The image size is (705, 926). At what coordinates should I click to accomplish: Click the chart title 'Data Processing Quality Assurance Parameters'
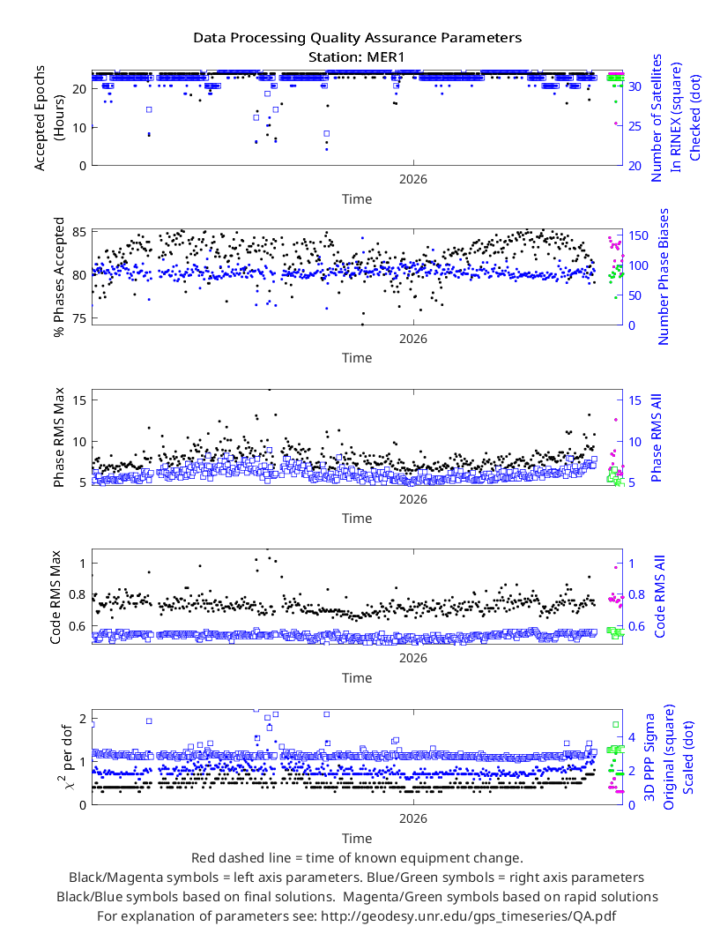tap(357, 39)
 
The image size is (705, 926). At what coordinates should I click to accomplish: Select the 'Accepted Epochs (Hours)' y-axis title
tap(49, 118)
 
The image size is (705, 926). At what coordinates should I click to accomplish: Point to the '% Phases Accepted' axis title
tap(58, 277)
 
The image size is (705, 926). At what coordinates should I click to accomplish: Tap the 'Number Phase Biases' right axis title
tap(663, 276)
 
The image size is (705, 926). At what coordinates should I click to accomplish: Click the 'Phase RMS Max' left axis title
tap(58, 437)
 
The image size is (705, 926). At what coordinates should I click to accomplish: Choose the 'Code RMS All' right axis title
tap(659, 596)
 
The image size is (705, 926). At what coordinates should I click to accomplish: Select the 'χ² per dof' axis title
tap(65, 758)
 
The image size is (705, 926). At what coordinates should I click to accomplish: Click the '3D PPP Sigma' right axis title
tap(649, 758)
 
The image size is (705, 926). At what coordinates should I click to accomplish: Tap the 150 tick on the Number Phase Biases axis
tap(638, 235)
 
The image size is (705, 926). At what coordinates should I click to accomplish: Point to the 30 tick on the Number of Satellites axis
tap(634, 86)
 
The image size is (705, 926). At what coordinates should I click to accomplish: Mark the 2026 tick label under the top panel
tap(413, 180)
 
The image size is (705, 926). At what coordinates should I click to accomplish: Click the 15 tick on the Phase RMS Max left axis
tap(79, 400)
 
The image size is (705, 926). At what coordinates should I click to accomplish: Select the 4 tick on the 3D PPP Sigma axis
tap(632, 737)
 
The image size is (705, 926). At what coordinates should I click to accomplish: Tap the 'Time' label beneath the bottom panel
tap(357, 839)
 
